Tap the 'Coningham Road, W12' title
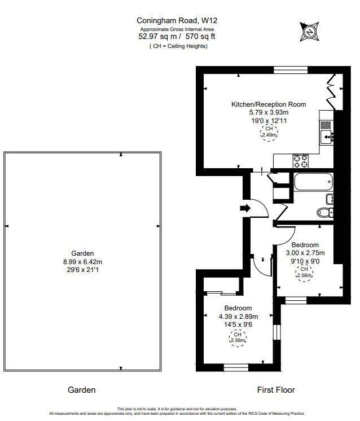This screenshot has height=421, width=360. click(x=177, y=21)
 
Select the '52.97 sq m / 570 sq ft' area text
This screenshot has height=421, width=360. click(x=177, y=37)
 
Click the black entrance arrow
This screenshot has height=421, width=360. click(x=244, y=208)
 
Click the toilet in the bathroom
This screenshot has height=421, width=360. click(x=324, y=213)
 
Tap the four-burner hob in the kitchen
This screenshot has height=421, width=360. click(x=300, y=161)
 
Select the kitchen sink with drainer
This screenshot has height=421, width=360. click(x=327, y=132)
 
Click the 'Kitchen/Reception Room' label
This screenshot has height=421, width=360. click(x=269, y=104)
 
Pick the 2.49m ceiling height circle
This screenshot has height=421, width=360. click(x=269, y=132)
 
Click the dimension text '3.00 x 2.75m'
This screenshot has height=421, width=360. click(x=305, y=253)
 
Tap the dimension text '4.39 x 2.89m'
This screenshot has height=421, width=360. click(x=238, y=317)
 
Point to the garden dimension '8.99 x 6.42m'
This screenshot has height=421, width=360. click(x=82, y=262)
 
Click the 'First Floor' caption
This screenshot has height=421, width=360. click(x=276, y=390)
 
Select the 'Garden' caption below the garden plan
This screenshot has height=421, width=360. click(x=82, y=390)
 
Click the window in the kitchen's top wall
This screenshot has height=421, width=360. click(x=291, y=70)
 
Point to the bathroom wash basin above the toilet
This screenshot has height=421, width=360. click(x=330, y=199)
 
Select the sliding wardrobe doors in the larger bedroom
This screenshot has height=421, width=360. click(x=221, y=293)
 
